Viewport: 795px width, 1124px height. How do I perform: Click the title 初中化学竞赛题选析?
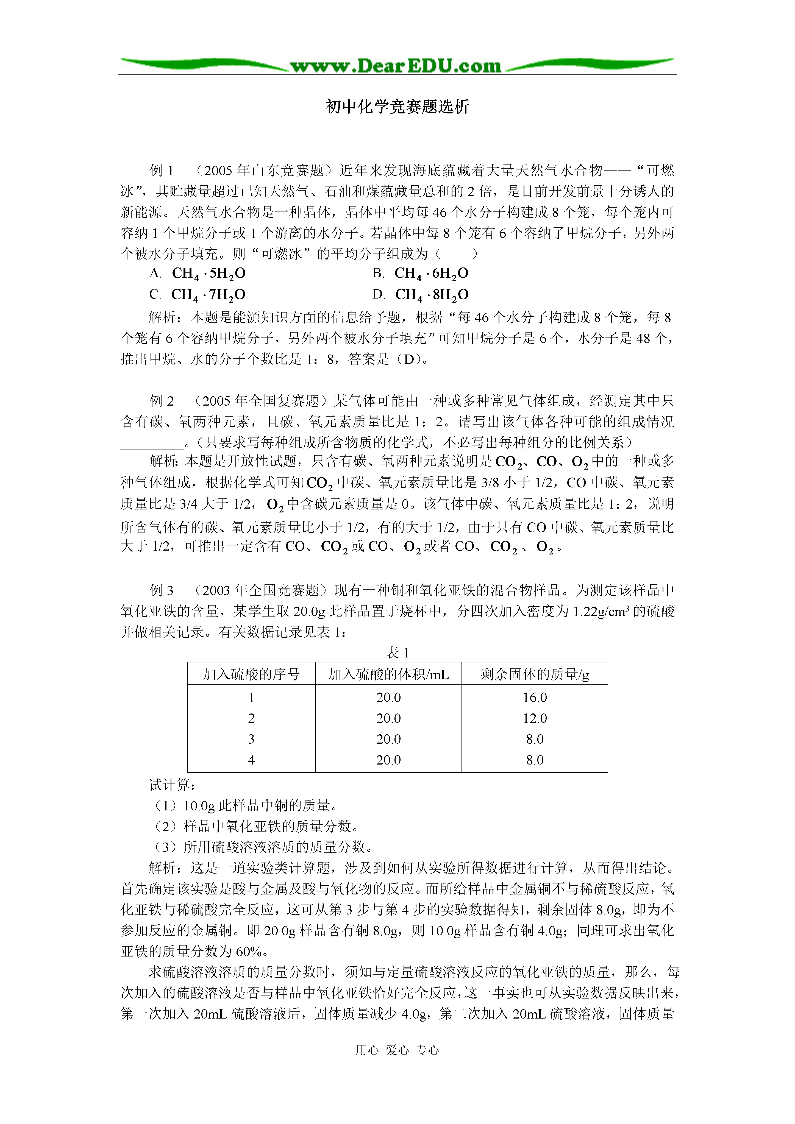tap(397, 107)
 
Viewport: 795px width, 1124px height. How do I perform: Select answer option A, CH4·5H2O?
tap(208, 274)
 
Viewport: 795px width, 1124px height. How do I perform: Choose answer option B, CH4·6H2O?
tap(431, 274)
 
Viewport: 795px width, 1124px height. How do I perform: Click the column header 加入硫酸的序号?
tap(251, 674)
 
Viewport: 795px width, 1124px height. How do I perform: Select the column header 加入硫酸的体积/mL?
tap(388, 674)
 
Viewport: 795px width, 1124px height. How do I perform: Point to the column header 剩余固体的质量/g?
tap(534, 674)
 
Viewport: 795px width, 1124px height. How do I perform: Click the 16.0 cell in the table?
tap(534, 697)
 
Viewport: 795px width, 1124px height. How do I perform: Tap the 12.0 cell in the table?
tap(534, 718)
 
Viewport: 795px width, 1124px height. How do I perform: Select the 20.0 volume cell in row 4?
tap(388, 760)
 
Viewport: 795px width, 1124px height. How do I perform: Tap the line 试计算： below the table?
tap(173, 785)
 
